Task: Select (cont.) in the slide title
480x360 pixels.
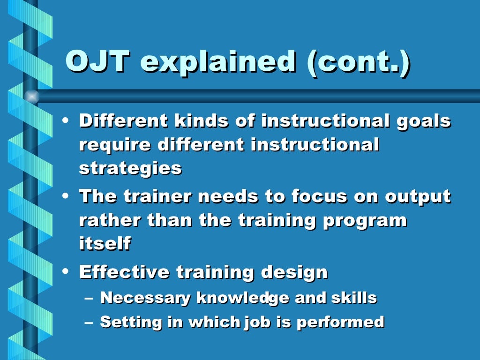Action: [x=358, y=61]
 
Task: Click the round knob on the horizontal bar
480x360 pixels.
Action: [x=31, y=97]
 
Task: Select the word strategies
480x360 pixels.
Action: [x=130, y=168]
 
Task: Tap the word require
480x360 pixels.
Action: [x=115, y=145]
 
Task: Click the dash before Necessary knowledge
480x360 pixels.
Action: [x=90, y=298]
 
